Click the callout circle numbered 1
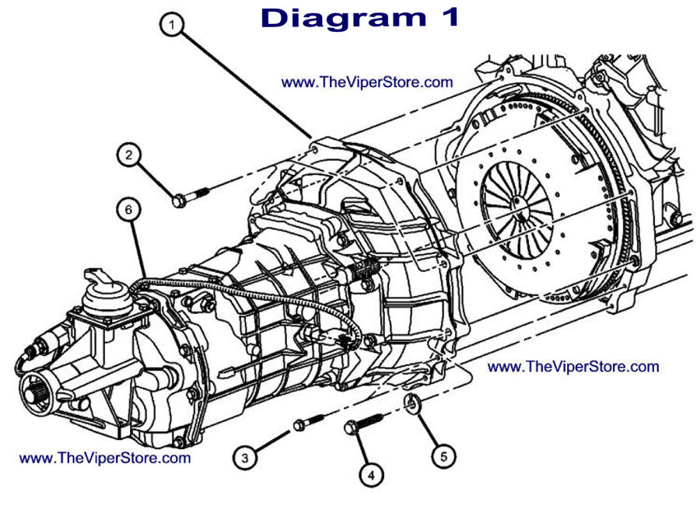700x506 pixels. (x=172, y=25)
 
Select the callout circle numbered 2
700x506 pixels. (x=129, y=155)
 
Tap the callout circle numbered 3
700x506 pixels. (x=245, y=458)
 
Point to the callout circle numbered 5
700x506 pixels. (x=443, y=456)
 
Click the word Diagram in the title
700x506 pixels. (x=339, y=18)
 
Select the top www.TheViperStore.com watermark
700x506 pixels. (x=366, y=82)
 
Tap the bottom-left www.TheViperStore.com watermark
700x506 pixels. (x=104, y=458)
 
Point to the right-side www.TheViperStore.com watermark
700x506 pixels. (x=573, y=366)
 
